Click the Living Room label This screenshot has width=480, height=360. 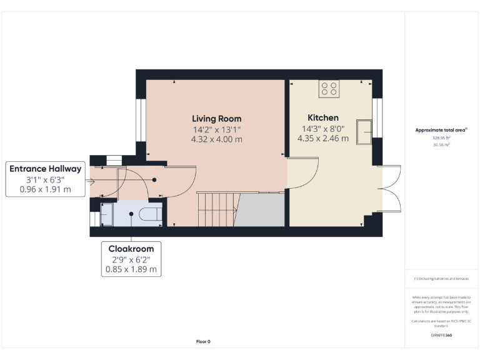[216, 119]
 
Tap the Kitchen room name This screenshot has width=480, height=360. [323, 117]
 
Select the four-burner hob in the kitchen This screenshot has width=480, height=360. [329, 89]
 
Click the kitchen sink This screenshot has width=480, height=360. [364, 129]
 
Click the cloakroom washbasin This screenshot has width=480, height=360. [106, 214]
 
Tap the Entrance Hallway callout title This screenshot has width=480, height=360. [45, 169]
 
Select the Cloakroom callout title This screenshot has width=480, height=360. [132, 249]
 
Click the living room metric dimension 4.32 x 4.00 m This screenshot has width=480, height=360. [216, 139]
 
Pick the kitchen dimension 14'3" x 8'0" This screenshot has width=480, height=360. [323, 129]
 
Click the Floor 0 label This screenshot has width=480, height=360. [203, 342]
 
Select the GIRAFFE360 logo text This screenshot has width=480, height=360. [441, 336]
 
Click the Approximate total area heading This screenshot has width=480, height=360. [441, 130]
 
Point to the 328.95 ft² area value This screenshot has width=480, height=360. [441, 137]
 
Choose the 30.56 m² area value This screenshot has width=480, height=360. [441, 144]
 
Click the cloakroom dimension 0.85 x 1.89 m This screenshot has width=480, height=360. [132, 270]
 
